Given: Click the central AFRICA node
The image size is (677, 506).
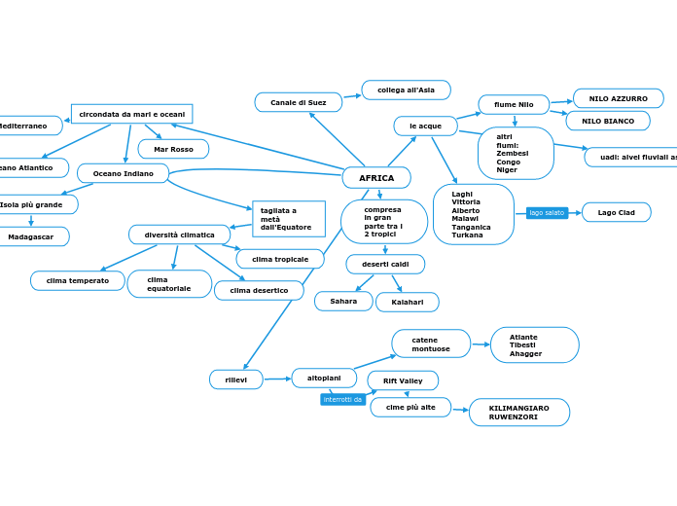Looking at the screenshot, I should click(376, 178).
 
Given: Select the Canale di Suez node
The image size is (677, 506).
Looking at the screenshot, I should click(299, 102).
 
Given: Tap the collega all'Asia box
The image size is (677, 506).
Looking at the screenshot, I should click(406, 90).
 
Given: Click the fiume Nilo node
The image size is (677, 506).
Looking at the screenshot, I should click(514, 104).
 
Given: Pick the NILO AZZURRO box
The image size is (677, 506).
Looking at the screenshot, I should click(618, 98).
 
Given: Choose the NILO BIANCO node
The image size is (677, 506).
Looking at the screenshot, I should click(607, 121).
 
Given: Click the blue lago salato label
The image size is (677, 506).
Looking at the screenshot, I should click(547, 212).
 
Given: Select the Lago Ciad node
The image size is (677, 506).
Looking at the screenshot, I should click(616, 212).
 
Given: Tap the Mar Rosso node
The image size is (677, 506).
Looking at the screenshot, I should click(173, 149).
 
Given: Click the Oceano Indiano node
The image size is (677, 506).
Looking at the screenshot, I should click(123, 173).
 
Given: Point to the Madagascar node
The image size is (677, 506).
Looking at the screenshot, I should click(31, 236).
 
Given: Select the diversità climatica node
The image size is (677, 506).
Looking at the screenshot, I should click(179, 235).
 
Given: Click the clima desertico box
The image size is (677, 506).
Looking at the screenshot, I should click(259, 290).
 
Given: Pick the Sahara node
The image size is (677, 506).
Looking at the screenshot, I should click(343, 302).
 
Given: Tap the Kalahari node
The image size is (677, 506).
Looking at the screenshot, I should click(407, 303).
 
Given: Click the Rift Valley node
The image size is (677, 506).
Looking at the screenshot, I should click(403, 380).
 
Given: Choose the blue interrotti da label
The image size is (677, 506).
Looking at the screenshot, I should click(342, 400).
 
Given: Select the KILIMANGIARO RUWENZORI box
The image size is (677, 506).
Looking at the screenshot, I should click(518, 413).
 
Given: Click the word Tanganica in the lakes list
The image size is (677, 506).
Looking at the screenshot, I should click(472, 227).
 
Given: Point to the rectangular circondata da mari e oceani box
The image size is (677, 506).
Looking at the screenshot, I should click(131, 114).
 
